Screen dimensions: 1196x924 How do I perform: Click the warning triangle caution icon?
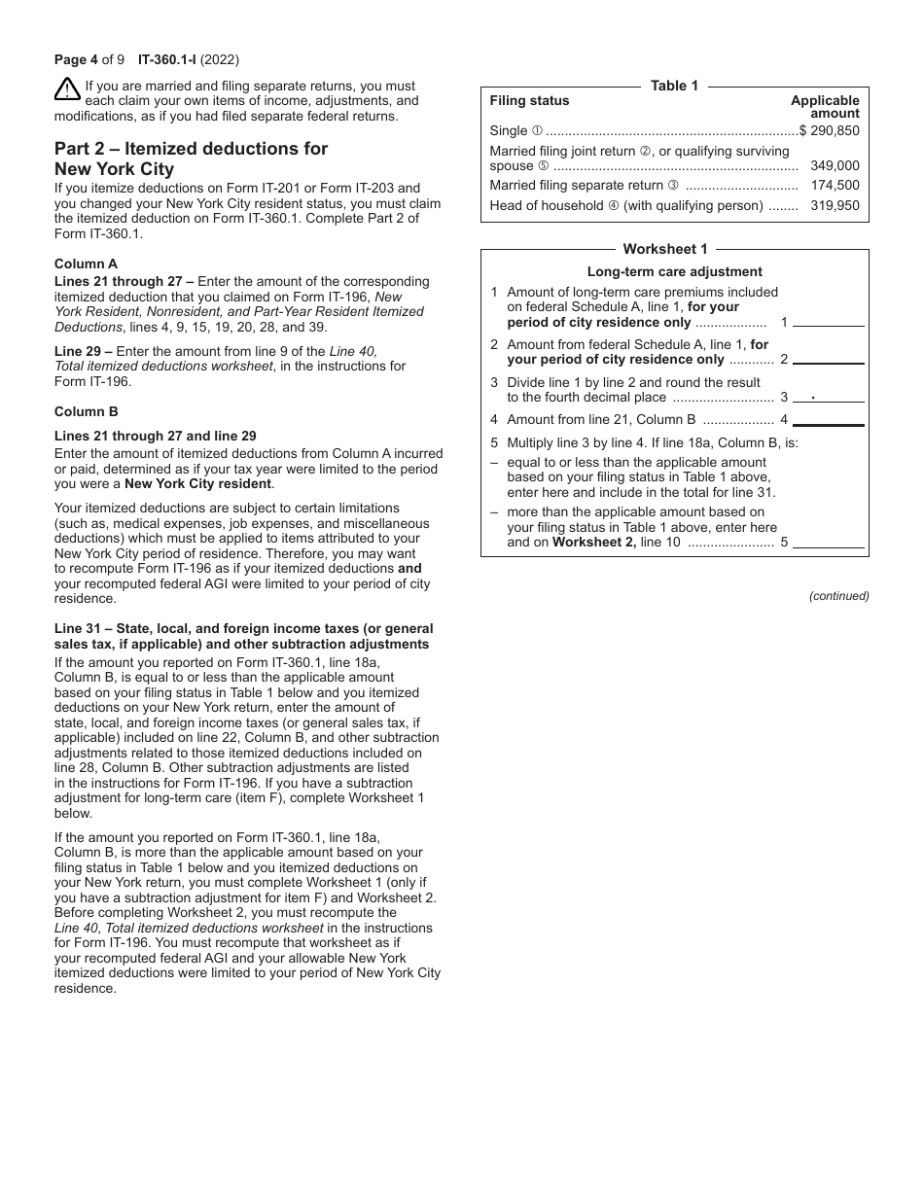[67, 89]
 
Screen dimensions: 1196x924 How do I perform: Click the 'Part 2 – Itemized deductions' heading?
[191, 158]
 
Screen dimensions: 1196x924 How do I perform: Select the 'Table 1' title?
[674, 86]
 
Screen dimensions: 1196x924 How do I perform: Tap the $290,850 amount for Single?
[830, 130]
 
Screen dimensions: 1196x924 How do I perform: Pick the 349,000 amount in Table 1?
[835, 166]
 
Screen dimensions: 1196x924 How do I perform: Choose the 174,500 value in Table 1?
[835, 185]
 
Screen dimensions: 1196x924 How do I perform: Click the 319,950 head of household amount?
[835, 205]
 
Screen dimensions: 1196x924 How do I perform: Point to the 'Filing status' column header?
[529, 100]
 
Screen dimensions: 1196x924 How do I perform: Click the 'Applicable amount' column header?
[825, 107]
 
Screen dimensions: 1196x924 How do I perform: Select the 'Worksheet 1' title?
[665, 249]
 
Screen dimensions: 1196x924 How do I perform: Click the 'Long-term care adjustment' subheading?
[674, 272]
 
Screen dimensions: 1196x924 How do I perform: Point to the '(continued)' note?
[838, 596]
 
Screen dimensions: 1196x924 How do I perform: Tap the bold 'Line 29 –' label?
[84, 351]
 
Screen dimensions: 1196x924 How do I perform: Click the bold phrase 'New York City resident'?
[197, 484]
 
